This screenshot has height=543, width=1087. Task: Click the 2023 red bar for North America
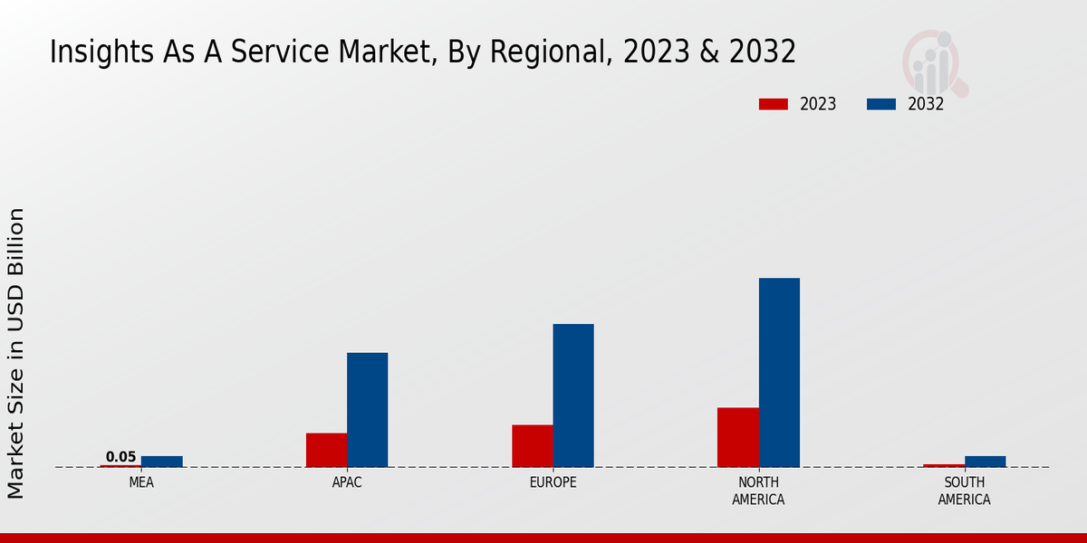pos(737,437)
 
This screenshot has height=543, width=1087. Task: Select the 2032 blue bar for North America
pos(779,372)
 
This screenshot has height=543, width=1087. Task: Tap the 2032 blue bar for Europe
pos(573,395)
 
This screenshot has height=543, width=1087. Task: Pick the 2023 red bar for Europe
pos(532,445)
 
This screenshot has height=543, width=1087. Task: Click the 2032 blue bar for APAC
pos(367,409)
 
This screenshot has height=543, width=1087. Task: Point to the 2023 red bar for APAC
pos(326,450)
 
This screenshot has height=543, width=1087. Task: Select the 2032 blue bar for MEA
pos(161,462)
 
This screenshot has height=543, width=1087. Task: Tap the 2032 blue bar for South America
pos(985,462)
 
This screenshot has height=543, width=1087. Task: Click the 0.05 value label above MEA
pos(120,457)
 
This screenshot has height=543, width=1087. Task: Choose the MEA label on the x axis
pos(141,482)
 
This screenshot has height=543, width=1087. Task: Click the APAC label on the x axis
pos(347,482)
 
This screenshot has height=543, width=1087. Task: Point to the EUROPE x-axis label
pos(553,482)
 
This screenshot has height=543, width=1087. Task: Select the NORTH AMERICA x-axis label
pos(758,491)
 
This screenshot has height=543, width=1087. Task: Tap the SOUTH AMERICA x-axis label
pos(964,491)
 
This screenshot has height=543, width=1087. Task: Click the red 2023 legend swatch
pos(773,104)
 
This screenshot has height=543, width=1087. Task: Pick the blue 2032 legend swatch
pos(880,104)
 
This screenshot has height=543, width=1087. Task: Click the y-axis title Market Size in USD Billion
pos(16,353)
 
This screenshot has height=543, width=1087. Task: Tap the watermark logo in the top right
pos(933,62)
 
